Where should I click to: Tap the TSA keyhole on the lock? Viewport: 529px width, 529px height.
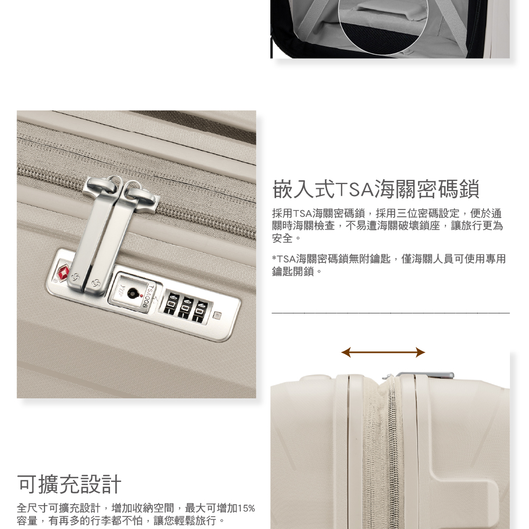[136, 292]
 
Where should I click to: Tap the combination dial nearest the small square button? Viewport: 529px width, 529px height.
[202, 309]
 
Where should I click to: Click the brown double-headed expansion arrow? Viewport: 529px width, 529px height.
[383, 352]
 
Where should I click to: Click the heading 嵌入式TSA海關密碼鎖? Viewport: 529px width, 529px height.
[376, 189]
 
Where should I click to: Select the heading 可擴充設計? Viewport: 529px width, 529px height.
[69, 484]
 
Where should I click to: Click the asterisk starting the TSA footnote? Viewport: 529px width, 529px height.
[274, 259]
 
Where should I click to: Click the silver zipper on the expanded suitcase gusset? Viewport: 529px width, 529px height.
[392, 450]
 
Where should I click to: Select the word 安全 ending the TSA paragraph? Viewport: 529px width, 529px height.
[282, 239]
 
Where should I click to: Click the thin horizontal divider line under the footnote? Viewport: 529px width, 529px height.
[390, 313]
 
